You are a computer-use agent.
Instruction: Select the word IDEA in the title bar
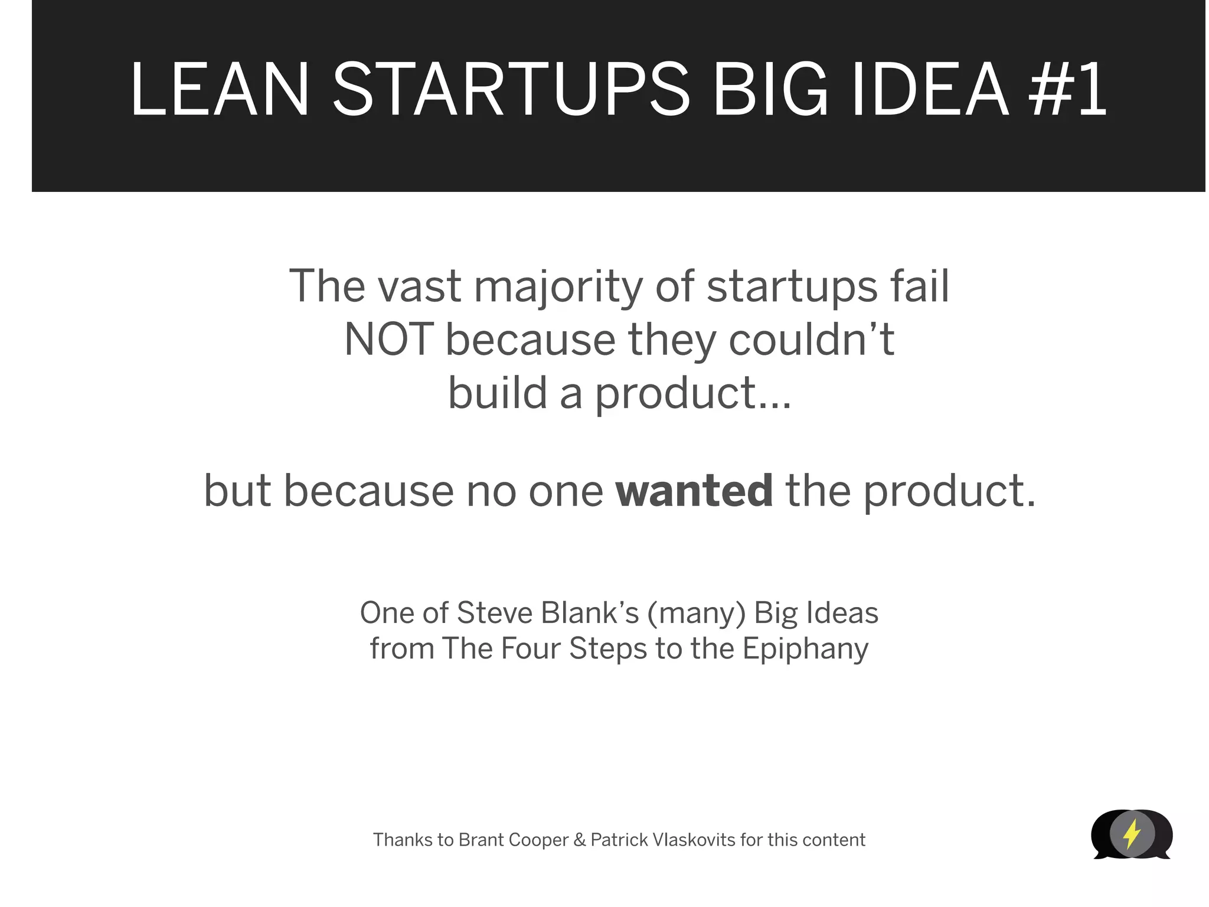click(930, 90)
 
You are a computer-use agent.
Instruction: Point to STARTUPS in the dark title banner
click(511, 90)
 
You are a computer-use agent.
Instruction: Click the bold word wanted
click(694, 491)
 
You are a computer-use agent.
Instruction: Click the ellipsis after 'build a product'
click(774, 404)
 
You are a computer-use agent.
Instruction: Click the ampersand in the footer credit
click(579, 840)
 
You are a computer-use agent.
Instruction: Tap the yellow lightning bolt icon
click(1132, 834)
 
